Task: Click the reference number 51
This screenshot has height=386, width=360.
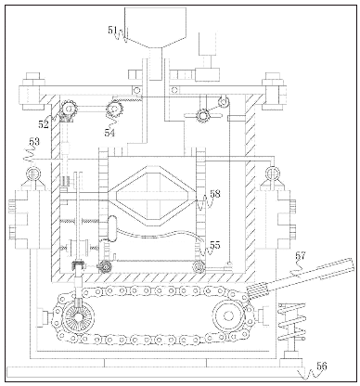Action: click(112, 30)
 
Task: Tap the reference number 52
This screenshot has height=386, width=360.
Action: click(43, 124)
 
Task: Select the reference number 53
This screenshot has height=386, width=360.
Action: click(34, 142)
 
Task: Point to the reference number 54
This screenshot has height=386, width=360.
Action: click(109, 133)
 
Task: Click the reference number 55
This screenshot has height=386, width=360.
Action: click(215, 245)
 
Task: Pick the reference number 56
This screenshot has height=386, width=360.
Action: click(322, 367)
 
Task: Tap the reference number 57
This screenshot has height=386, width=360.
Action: click(301, 255)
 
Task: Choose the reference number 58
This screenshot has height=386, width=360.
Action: click(215, 194)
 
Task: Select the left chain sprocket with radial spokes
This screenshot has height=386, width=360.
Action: click(78, 317)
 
